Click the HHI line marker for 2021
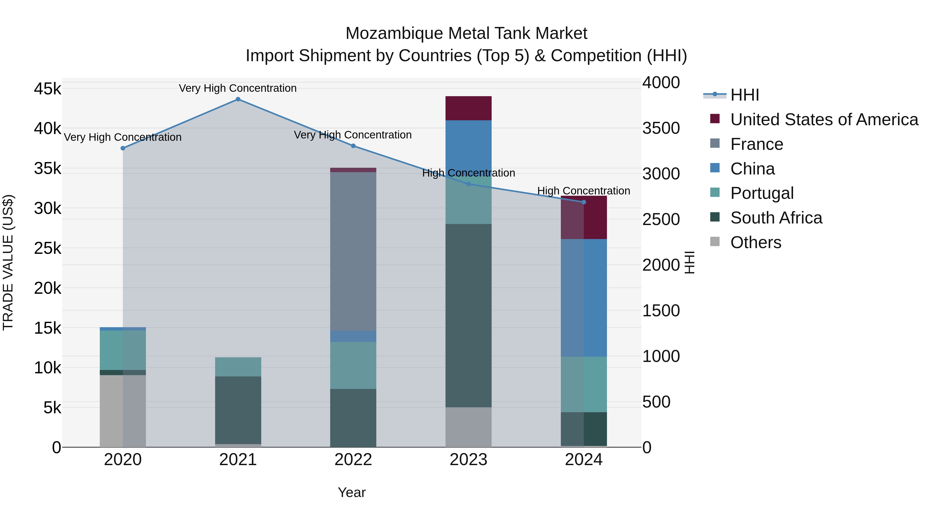238,99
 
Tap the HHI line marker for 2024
583,202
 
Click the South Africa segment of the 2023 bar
468,315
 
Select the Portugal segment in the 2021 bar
238,367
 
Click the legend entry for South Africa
776,218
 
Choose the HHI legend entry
744,95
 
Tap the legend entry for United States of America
824,120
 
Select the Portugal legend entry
762,193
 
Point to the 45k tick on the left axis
47,89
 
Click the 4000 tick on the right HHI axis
661,83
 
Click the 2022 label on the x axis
353,460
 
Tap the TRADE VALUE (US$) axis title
8,262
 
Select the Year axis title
351,492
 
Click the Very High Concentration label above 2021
238,88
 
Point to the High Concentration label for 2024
583,191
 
